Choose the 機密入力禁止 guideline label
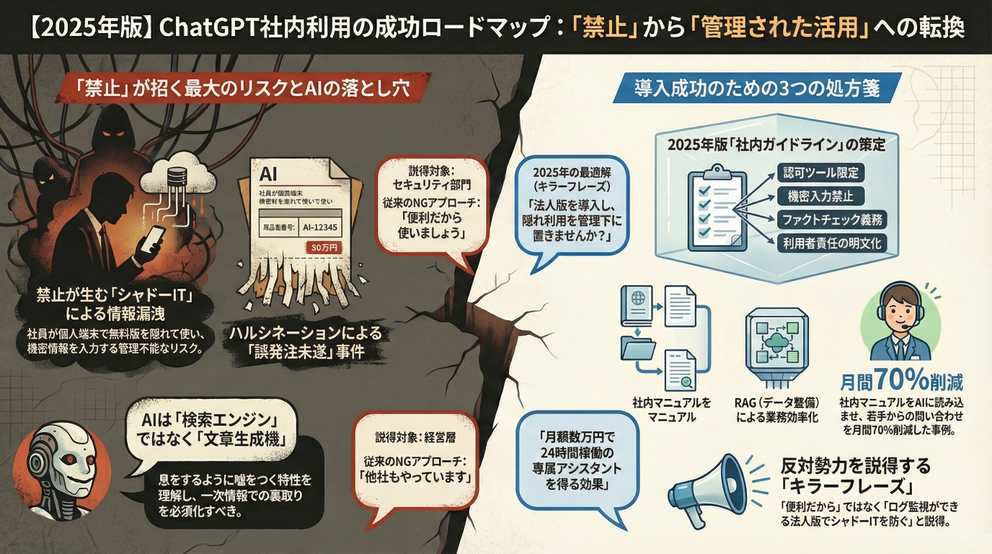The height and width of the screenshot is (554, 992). [820, 195]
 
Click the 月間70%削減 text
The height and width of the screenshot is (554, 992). [901, 382]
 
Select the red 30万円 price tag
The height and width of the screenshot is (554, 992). [326, 247]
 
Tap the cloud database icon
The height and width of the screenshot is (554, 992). [179, 177]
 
